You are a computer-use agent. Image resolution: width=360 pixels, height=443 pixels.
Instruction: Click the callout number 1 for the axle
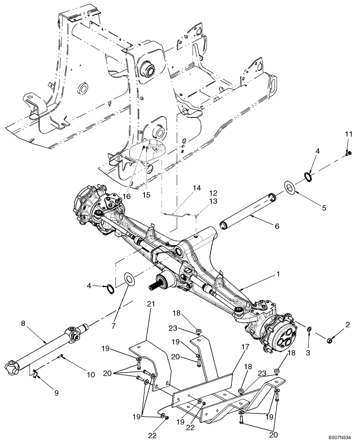[x=278, y=275]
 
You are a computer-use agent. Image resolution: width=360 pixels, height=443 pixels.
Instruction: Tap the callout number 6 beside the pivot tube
[x=277, y=226]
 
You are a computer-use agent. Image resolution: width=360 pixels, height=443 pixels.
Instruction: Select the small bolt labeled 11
[x=348, y=153]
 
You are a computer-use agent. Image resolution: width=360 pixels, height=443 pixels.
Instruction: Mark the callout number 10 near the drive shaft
[x=90, y=375]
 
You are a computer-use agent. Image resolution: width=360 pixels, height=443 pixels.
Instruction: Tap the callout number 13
[x=202, y=201]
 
